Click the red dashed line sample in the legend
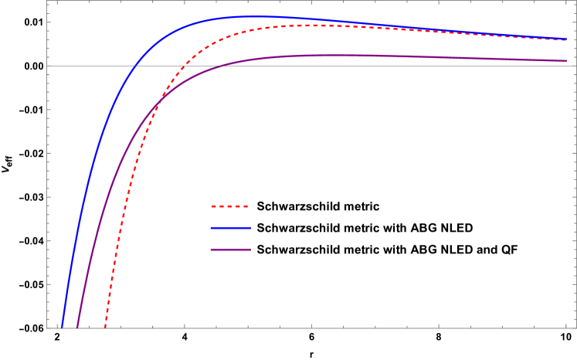tap(230, 206)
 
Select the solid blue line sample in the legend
tap(230, 228)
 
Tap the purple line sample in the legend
tap(230, 250)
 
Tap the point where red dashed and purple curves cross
tap(160, 104)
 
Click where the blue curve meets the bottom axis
tap(62, 328)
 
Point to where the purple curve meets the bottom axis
tap(77, 328)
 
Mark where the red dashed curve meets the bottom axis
tap(105, 328)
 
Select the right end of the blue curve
tap(566, 38)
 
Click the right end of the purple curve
tap(566, 61)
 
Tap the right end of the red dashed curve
tap(566, 40)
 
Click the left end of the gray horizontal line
tap(47, 66)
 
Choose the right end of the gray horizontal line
tap(575, 66)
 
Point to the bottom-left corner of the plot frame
tap(47, 328)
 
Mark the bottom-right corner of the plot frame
tap(575, 328)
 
